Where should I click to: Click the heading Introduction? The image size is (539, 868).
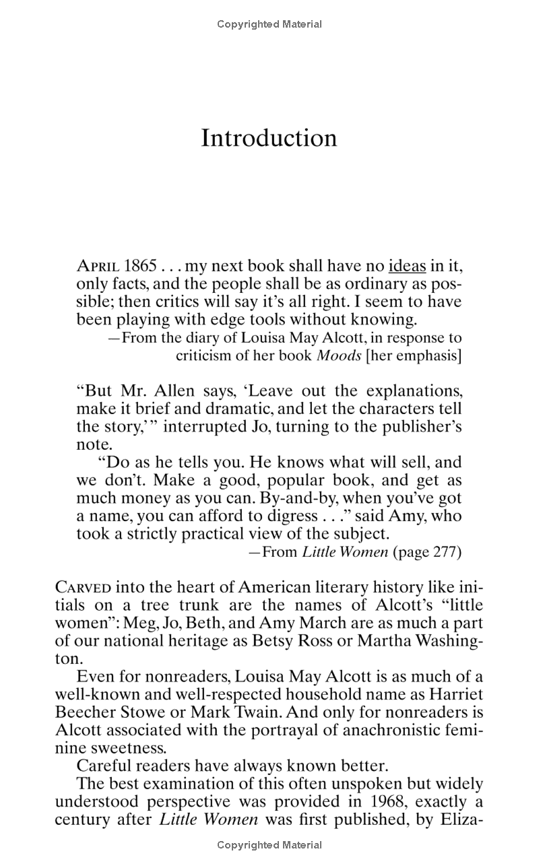point(269,137)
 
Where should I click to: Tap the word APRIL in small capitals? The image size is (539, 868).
point(98,266)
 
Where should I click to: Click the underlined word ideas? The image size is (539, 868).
point(407,266)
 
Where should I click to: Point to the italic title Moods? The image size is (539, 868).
point(340,356)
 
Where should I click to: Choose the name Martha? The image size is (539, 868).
point(383,640)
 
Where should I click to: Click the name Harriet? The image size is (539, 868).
point(453,694)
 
